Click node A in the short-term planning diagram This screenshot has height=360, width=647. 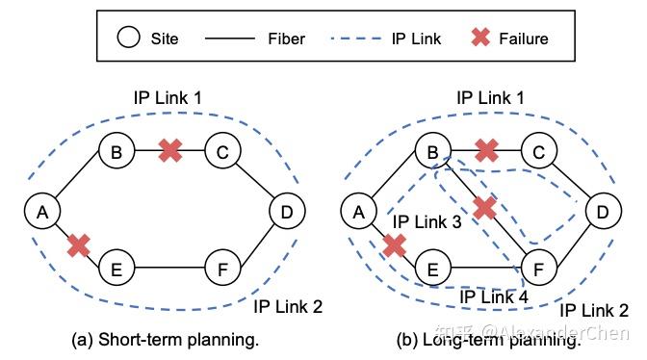41,211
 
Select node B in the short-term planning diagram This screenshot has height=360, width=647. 116,151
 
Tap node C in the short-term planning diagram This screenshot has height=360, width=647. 222,151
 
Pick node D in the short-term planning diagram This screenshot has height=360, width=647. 285,211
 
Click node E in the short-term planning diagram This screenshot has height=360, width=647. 116,270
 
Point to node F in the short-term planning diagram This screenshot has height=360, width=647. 222,270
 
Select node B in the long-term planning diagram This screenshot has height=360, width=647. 431,151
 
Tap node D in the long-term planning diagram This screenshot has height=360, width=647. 603,211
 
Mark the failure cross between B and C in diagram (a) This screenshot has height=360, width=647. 169,150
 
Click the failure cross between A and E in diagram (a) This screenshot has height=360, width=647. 78,244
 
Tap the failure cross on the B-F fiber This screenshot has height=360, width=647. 484,208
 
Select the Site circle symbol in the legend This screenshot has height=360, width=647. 128,39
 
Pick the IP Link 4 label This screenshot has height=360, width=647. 493,297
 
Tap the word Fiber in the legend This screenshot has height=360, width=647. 288,39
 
